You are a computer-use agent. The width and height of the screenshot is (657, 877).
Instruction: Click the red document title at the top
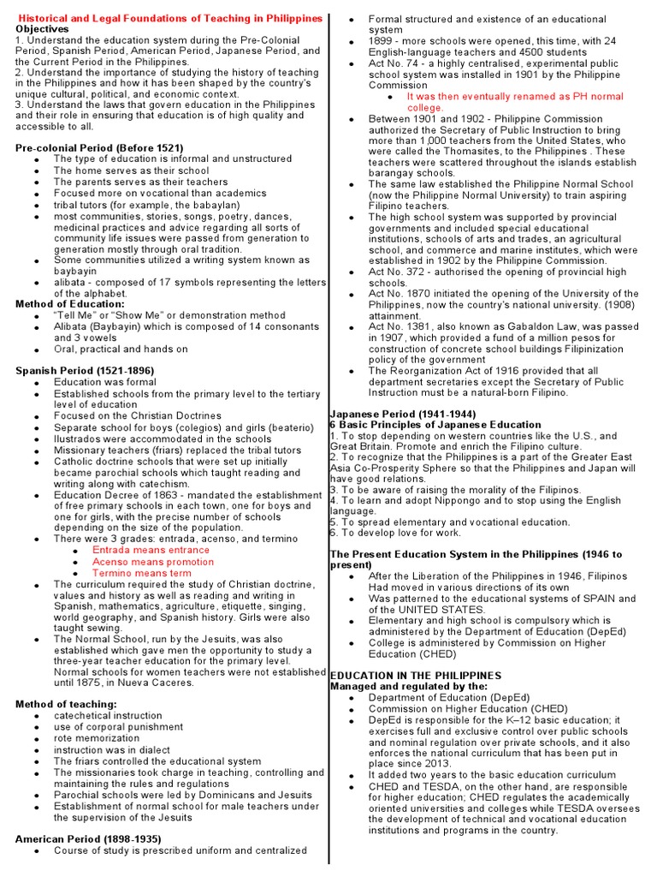pyautogui.click(x=171, y=18)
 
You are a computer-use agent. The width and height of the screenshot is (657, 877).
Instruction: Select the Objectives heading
pyautogui.click(x=43, y=28)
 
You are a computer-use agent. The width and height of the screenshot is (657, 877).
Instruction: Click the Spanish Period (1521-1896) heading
pyautogui.click(x=85, y=370)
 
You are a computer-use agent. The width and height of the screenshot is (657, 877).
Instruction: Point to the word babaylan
pyautogui.click(x=186, y=205)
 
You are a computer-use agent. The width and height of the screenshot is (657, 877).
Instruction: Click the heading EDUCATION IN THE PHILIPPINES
pyautogui.click(x=416, y=676)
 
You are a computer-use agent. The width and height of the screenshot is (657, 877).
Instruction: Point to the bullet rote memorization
pyautogui.click(x=101, y=737)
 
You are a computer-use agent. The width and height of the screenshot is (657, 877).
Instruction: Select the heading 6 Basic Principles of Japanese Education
pyautogui.click(x=423, y=425)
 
